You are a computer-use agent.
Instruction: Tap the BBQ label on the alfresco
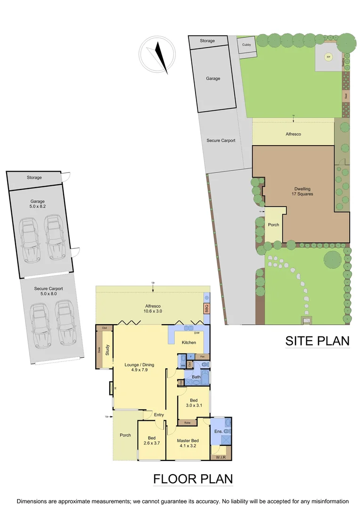[x=206, y=309]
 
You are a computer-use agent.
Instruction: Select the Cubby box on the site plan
[x=246, y=45]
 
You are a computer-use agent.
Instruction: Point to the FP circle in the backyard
[x=328, y=57]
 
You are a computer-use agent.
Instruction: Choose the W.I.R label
[x=221, y=457]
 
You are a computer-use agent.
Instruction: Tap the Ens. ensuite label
[x=219, y=431]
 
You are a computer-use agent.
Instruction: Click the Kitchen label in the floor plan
[x=189, y=342]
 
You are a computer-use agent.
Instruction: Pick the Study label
[x=107, y=349]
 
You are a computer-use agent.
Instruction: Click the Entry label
[x=159, y=415]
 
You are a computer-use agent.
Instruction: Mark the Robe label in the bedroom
[x=187, y=422]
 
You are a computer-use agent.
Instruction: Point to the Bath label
[x=196, y=377]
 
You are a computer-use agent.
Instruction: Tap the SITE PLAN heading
[x=317, y=341]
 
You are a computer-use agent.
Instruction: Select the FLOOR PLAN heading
[x=193, y=479]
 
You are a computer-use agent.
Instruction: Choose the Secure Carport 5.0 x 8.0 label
[x=49, y=291]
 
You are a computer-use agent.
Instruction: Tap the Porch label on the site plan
[x=273, y=225]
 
